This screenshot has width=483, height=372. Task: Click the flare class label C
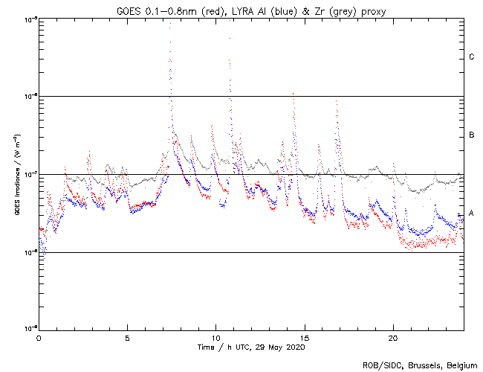(471, 57)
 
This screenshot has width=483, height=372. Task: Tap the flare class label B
(471, 135)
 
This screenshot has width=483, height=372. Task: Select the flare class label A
(471, 214)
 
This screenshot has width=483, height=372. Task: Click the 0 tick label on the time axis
(39, 337)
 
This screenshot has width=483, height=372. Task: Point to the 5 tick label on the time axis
(127, 337)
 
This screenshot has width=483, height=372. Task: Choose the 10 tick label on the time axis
(215, 337)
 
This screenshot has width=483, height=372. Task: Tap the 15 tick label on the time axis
(304, 337)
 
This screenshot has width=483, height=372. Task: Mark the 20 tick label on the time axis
(392, 337)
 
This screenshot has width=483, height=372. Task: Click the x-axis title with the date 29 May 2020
(251, 347)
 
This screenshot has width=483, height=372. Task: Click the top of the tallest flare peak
(170, 25)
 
